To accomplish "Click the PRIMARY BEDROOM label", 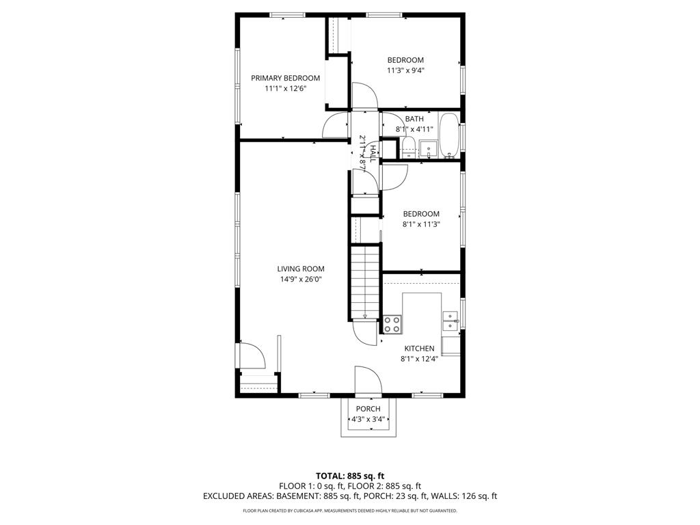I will [285, 78].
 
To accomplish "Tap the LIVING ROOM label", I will [301, 269].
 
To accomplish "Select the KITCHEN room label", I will [419, 349].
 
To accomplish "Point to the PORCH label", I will [368, 409].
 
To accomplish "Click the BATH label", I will [414, 119].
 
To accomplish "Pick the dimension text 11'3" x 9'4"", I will [405, 70].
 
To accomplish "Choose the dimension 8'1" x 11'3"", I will [420, 224].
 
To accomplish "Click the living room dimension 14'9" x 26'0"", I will [301, 279].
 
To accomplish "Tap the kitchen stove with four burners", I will [392, 324].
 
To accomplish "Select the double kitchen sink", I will [450, 321].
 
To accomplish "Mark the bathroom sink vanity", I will [429, 148].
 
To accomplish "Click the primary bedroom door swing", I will [336, 126].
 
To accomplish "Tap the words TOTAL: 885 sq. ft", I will [350, 476].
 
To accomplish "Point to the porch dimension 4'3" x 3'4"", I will [368, 419].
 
